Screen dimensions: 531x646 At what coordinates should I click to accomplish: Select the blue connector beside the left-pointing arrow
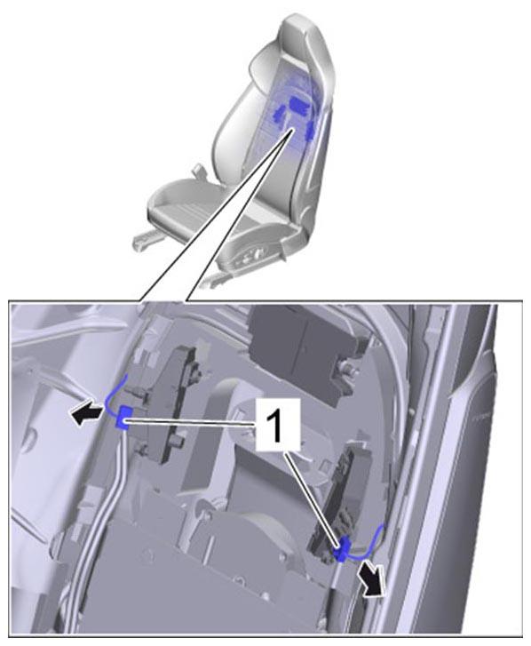123,418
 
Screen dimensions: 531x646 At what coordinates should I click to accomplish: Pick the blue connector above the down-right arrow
342,549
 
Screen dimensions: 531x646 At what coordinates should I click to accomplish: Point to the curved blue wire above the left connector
110,395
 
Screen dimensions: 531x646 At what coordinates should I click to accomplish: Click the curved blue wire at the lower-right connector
370,546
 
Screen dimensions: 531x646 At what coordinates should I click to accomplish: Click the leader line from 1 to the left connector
190,422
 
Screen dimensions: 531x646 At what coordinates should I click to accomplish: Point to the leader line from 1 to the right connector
313,498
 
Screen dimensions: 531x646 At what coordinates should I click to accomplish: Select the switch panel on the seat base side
251,259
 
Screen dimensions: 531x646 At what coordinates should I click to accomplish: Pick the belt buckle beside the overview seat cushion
198,170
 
